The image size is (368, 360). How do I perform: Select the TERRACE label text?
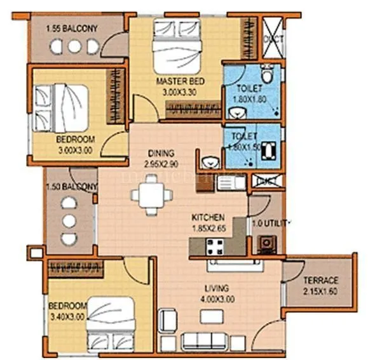click(320, 281)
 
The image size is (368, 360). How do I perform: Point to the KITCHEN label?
click(208, 218)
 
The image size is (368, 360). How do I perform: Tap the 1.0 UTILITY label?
click(270, 223)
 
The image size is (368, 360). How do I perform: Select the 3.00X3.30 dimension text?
click(173, 92)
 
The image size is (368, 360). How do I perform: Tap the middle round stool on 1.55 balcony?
click(75, 46)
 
